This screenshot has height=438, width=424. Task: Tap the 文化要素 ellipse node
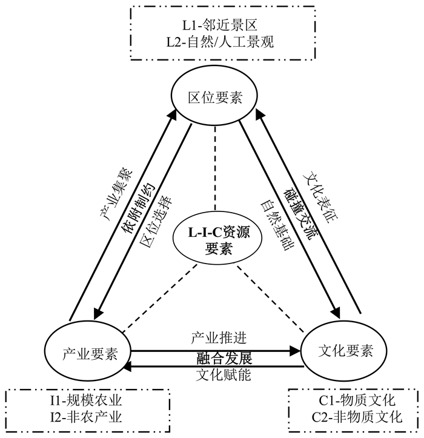click(x=345, y=350)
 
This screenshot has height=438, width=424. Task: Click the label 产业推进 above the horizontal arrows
click(x=219, y=338)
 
